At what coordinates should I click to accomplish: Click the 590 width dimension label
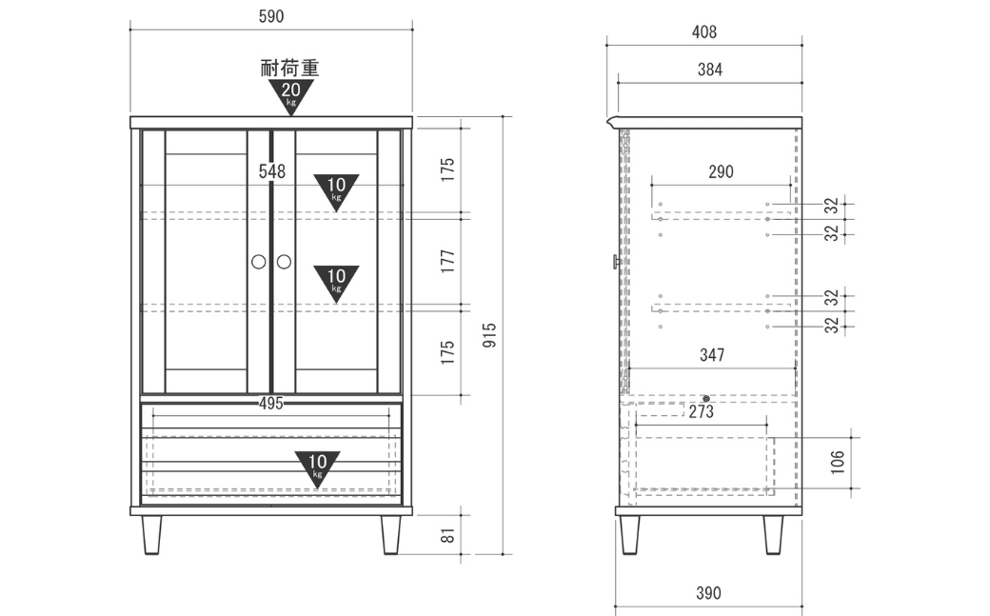[271, 16]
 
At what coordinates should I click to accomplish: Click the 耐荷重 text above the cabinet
[289, 68]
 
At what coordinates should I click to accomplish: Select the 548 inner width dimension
[272, 171]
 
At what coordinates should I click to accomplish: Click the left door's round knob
[259, 262]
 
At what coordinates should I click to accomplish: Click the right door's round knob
[284, 262]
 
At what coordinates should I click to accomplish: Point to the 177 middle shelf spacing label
[447, 261]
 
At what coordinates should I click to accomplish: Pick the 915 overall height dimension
[489, 335]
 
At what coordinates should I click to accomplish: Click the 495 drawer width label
[271, 403]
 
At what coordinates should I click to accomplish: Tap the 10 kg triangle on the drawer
[317, 468]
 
